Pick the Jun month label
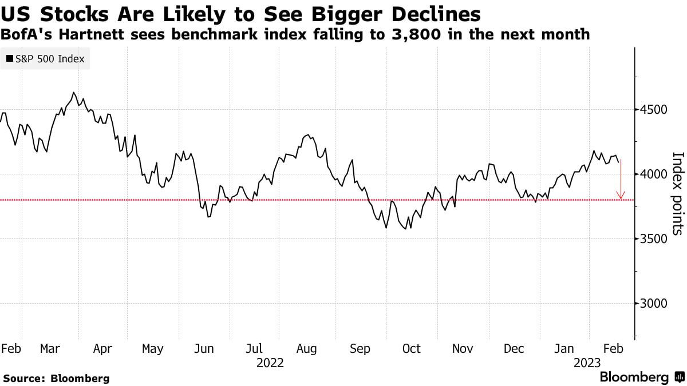click(x=204, y=348)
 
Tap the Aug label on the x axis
click(x=307, y=348)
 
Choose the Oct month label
click(x=411, y=348)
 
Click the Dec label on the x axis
click(x=514, y=348)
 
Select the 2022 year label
click(x=270, y=363)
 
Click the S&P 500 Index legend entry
click(x=45, y=59)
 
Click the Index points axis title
click(x=677, y=193)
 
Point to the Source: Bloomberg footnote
click(x=56, y=378)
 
